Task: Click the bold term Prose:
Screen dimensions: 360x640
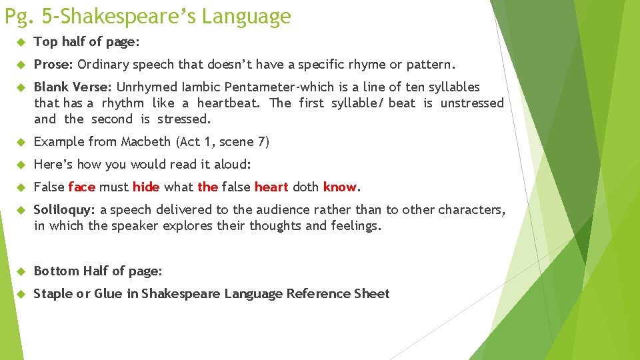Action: tap(54, 65)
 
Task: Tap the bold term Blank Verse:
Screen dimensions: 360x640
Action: tap(73, 87)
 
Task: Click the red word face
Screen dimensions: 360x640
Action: tap(81, 187)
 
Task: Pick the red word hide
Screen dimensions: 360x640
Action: tap(145, 187)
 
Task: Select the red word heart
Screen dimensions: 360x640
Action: tap(271, 187)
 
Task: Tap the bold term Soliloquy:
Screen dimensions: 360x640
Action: tap(65, 209)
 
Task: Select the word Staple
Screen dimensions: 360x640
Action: tap(53, 293)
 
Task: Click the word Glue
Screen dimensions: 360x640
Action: tap(108, 293)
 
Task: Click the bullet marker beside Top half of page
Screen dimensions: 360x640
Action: tap(21, 42)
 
